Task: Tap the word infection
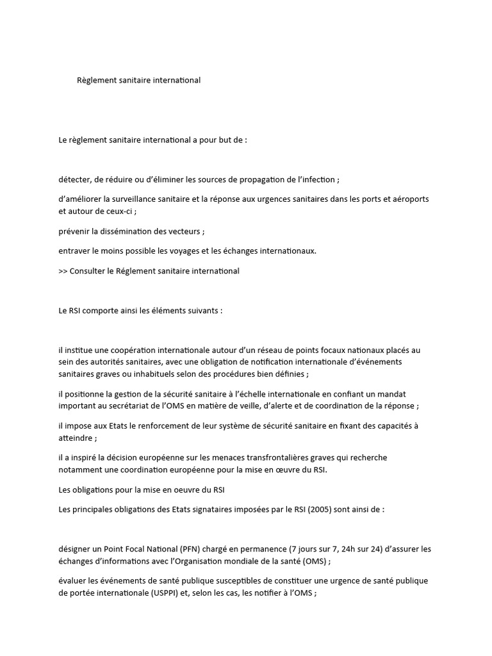315,179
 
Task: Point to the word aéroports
410,199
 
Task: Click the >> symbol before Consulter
63,270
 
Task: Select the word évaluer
72,581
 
